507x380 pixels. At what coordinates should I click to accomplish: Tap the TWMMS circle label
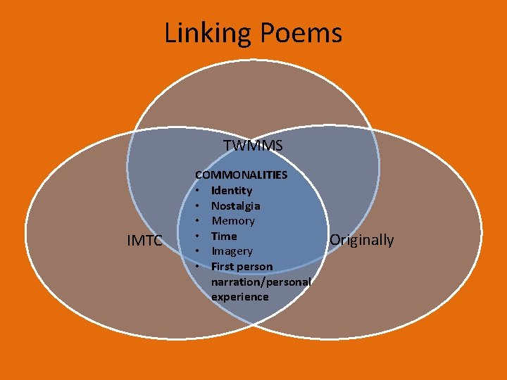tap(253, 146)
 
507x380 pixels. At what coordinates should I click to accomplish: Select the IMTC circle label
tap(144, 241)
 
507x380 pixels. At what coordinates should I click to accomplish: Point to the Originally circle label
tap(362, 240)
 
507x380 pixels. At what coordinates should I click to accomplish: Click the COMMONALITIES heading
tap(241, 175)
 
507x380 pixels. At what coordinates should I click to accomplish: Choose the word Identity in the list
tap(232, 190)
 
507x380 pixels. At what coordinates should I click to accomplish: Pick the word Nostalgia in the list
tap(236, 205)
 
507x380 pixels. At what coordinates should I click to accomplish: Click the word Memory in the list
tap(233, 221)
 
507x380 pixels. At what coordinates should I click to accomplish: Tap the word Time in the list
tap(224, 236)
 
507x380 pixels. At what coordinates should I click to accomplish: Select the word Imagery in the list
tap(232, 251)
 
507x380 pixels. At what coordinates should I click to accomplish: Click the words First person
tap(242, 267)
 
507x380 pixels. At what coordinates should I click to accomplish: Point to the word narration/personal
tap(261, 281)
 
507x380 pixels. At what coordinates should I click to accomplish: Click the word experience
tap(239, 297)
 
